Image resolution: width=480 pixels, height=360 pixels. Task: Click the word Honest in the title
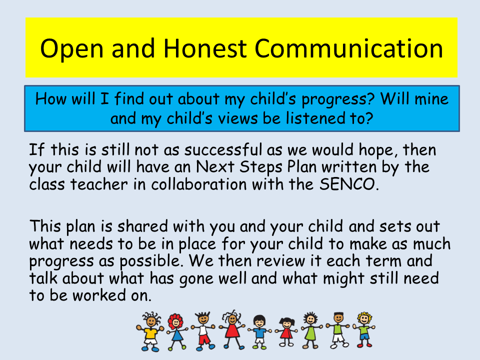coord(205,48)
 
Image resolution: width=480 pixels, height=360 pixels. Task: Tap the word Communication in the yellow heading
coord(348,48)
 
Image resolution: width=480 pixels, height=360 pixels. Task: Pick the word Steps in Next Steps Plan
coord(261,167)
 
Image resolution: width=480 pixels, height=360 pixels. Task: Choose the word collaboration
coord(199,184)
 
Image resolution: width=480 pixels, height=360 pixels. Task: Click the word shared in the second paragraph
coord(142,226)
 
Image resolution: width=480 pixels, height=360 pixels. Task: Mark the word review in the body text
coord(280,261)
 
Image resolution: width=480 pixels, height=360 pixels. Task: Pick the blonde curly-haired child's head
coord(364,318)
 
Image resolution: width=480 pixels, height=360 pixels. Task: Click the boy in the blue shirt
coord(259,332)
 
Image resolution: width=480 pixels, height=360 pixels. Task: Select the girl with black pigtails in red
coord(286,332)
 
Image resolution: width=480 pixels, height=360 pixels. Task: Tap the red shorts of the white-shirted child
coord(204,339)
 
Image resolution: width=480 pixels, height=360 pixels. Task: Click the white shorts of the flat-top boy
coord(338,338)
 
